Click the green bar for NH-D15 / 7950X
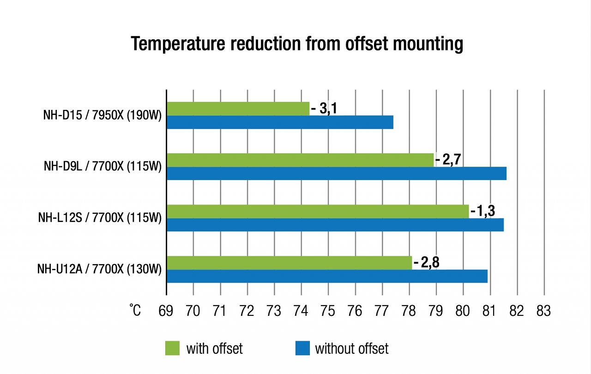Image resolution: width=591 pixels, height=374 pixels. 238,109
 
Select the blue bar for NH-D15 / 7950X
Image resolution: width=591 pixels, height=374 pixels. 280,122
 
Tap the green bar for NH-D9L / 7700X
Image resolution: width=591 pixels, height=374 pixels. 300,160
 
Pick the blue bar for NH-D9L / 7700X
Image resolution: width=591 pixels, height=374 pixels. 337,173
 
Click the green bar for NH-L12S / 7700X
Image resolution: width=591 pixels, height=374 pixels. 318,211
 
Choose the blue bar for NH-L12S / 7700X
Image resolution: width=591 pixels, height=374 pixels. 335,225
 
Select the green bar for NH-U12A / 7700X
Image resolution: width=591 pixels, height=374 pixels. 289,263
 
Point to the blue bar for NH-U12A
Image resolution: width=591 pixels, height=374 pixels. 327,276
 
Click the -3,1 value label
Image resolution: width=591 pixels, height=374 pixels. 324,109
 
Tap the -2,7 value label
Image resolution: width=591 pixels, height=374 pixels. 448,160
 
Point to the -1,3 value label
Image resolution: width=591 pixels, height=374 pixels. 483,211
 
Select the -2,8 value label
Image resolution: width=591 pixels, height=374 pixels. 427,262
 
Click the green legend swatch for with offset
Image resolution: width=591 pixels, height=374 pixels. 172,348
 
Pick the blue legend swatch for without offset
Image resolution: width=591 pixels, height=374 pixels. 302,348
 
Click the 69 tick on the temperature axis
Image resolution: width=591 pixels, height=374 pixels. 166,311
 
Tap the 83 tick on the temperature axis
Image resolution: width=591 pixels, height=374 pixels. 544,311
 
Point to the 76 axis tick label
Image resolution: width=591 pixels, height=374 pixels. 355,311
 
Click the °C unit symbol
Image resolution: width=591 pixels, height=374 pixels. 135,310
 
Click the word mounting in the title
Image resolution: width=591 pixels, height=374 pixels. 428,44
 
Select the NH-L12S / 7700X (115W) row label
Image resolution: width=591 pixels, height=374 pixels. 100,218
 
